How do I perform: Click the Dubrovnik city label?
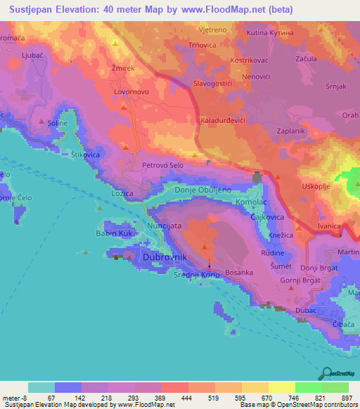[x=165, y=258]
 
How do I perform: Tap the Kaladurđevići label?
[x=225, y=121]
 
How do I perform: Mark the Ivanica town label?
[x=328, y=226]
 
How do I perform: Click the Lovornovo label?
[x=132, y=91]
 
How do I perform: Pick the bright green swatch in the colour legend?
[x=308, y=387]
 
